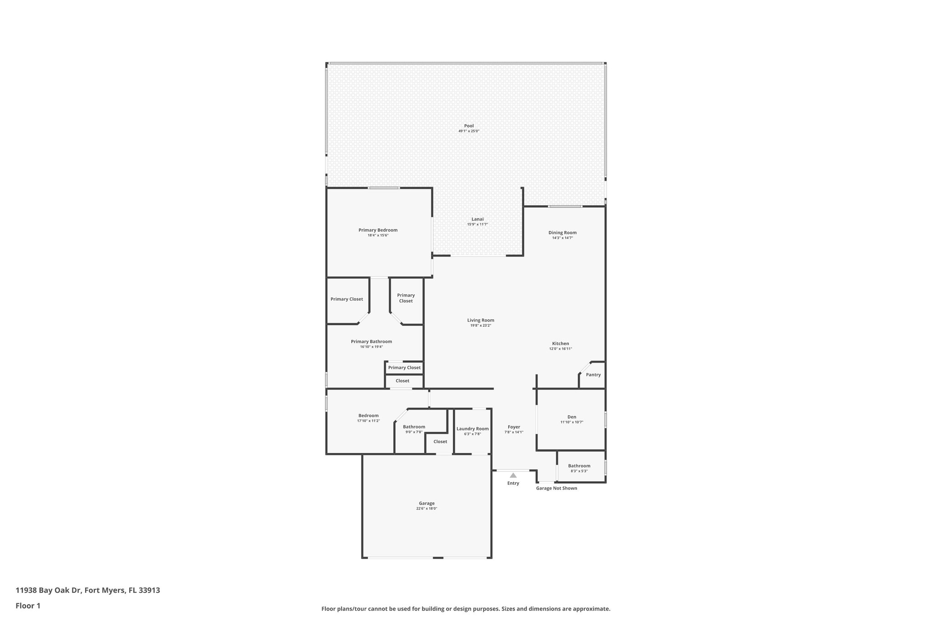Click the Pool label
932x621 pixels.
(469, 126)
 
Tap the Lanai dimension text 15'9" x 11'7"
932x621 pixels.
(477, 225)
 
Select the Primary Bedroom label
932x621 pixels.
(378, 230)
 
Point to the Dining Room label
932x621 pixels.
(562, 232)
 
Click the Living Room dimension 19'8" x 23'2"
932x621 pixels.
(481, 326)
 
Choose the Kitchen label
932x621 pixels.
(561, 343)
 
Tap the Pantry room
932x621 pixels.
(593, 375)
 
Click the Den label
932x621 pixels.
(572, 417)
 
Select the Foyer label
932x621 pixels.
(514, 427)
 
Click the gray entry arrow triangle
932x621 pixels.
(513, 475)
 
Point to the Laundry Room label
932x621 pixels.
(472, 429)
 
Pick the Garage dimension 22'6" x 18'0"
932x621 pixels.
(426, 509)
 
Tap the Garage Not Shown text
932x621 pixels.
(556, 488)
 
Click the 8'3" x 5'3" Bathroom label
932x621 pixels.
(579, 466)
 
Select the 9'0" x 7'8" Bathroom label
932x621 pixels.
(414, 427)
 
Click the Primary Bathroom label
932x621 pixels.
(371, 342)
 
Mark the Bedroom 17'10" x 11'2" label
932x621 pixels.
(368, 415)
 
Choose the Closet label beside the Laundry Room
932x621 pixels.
(440, 442)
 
